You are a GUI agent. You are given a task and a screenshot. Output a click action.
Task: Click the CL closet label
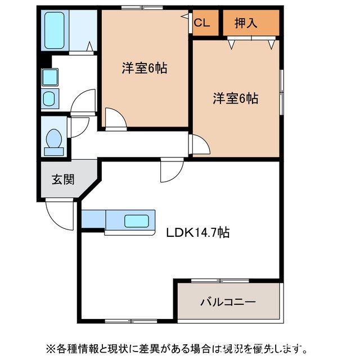click(202, 23)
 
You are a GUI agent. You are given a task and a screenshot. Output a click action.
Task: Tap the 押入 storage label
click(246, 23)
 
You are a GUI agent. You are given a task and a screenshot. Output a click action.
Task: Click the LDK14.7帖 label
click(197, 232)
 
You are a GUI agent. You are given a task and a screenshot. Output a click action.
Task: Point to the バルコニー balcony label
click(228, 302)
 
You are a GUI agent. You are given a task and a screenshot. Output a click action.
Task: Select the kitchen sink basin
click(137, 220)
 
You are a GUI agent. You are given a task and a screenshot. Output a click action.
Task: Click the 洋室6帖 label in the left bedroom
click(145, 68)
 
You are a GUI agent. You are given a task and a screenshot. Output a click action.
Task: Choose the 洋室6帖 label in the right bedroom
click(235, 98)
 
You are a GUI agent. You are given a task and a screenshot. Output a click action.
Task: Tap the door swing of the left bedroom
click(115, 119)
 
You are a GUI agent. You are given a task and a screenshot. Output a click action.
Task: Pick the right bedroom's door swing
click(200, 145)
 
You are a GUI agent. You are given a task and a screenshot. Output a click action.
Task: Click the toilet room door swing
click(78, 126)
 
